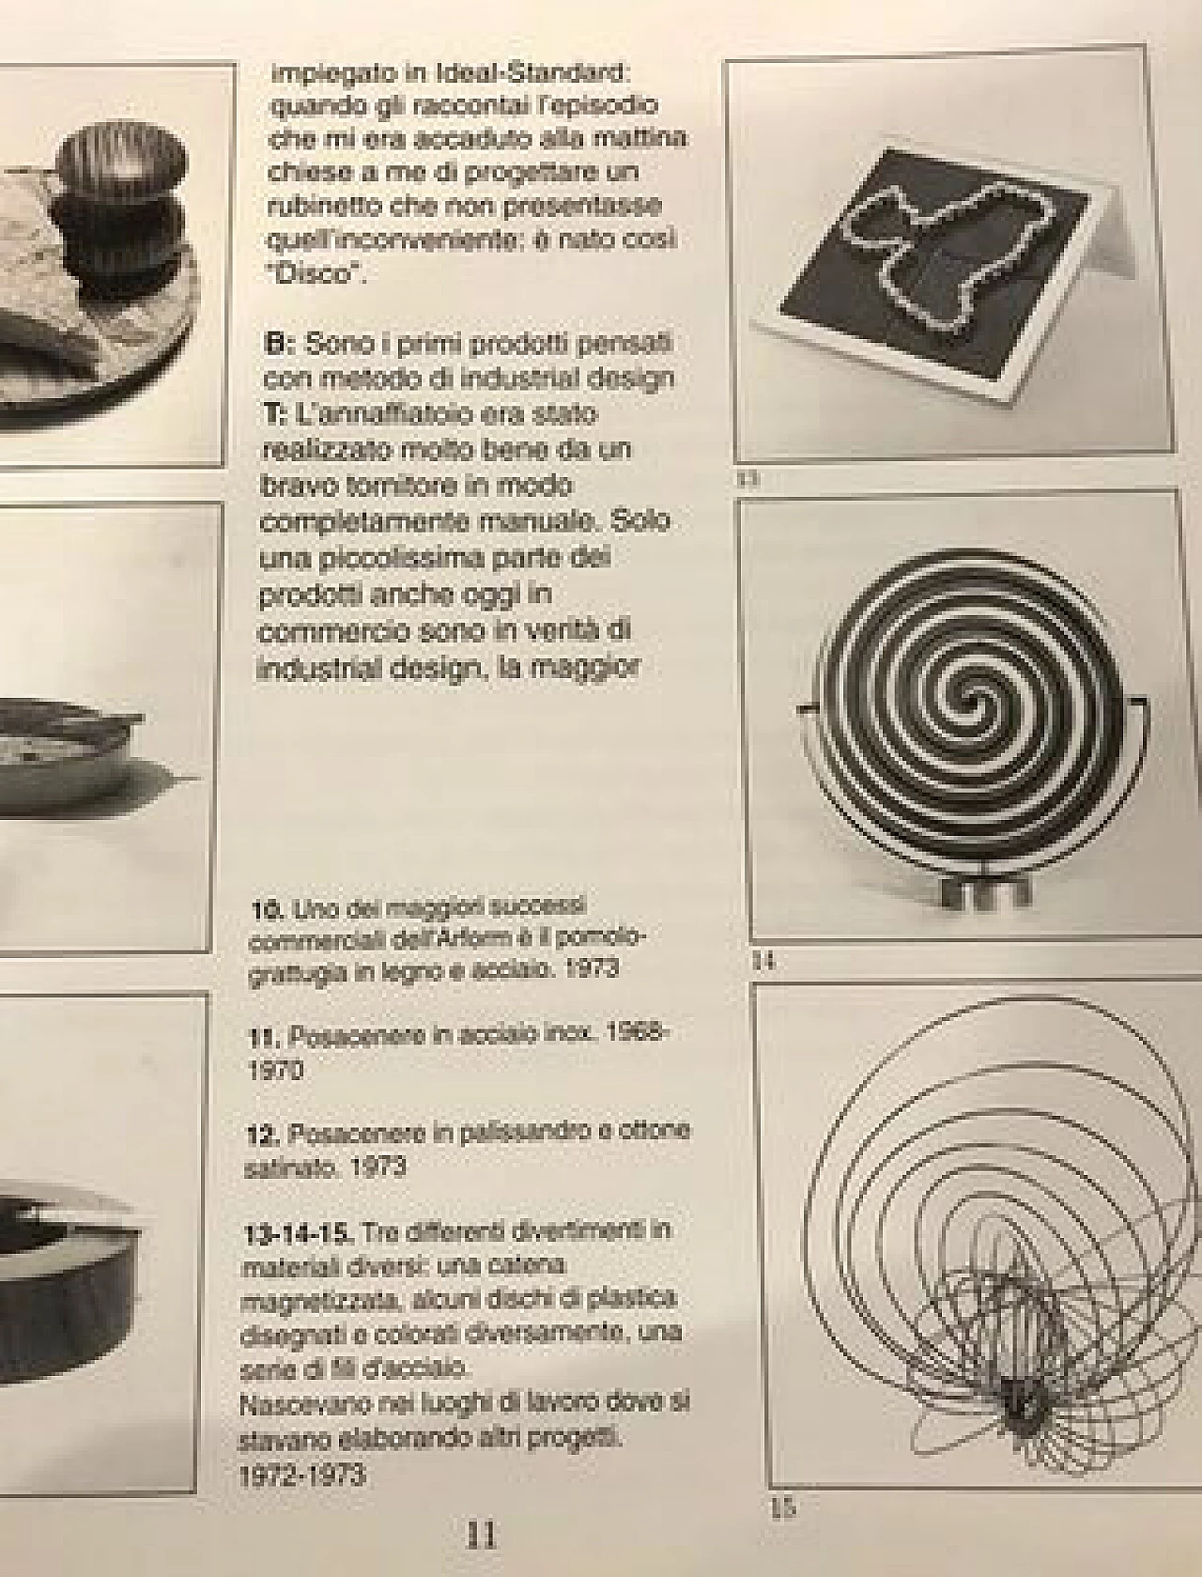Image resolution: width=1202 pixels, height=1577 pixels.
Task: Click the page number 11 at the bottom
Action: (x=481, y=1535)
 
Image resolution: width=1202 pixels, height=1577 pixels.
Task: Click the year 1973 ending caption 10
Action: (x=592, y=967)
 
